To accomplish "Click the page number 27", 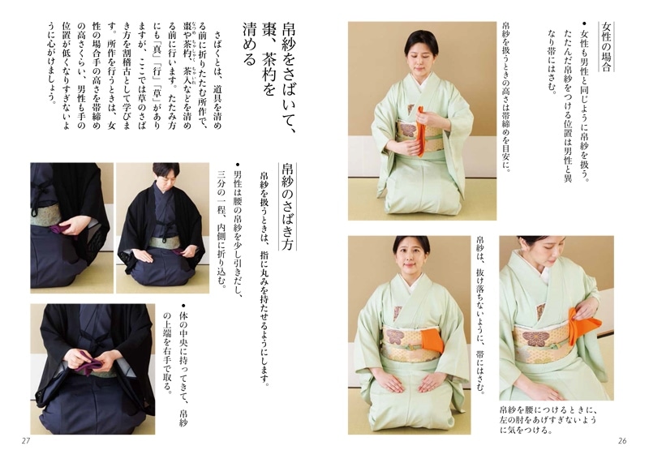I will [x=25, y=440].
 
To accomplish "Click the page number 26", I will [x=623, y=440].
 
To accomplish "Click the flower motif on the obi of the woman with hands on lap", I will [x=398, y=335].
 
